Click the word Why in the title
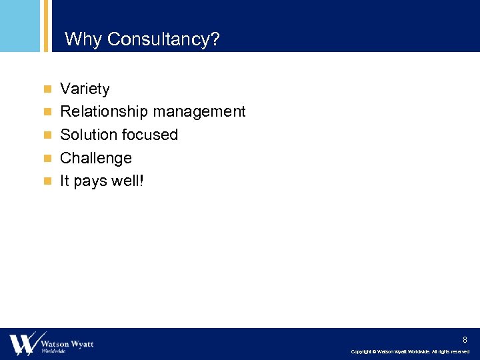click(x=83, y=40)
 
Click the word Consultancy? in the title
click(x=163, y=40)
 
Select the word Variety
click(x=85, y=89)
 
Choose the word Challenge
click(x=96, y=159)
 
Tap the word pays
click(x=90, y=181)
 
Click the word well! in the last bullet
click(x=127, y=181)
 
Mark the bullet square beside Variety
click(x=47, y=89)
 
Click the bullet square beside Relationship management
click(x=47, y=112)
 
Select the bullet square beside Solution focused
click(x=47, y=135)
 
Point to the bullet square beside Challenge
click(x=47, y=159)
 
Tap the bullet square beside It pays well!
click(x=47, y=181)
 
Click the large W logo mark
click(x=24, y=343)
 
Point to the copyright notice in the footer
click(x=410, y=352)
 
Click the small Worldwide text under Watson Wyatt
click(x=53, y=351)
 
